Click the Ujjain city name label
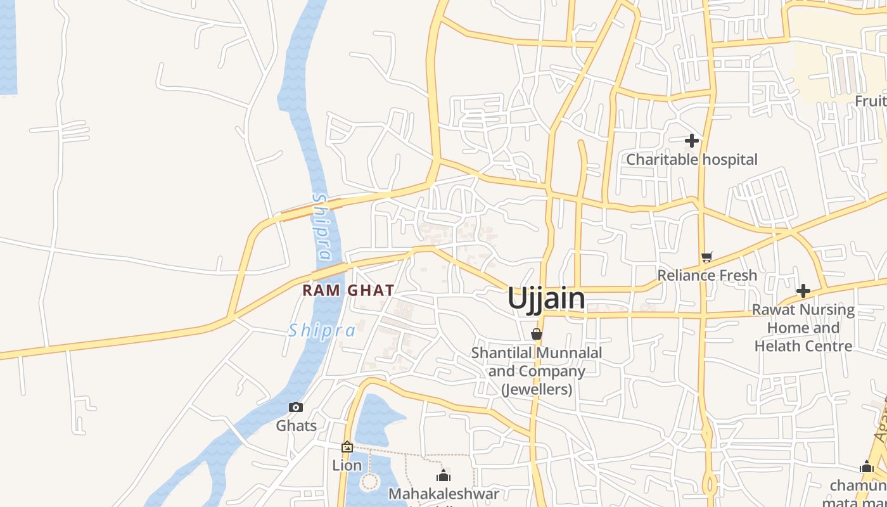pos(546,298)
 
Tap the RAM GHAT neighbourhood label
pos(348,290)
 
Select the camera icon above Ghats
pos(296,408)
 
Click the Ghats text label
pos(296,425)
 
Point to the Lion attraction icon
pos(347,447)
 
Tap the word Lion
pos(347,465)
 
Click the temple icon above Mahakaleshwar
pos(443,475)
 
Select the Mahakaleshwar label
pos(443,494)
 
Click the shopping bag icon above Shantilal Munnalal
pos(537,334)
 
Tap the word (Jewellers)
pos(537,389)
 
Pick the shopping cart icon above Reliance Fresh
pos(707,257)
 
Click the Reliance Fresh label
pos(707,275)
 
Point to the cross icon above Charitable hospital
pos(692,141)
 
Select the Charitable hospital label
pos(692,159)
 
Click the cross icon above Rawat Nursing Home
pos(803,292)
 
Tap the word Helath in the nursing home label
pos(777,346)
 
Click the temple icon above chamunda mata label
pos(867,468)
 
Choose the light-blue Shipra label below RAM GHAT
pos(322,330)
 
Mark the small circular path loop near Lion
pos(369,483)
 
